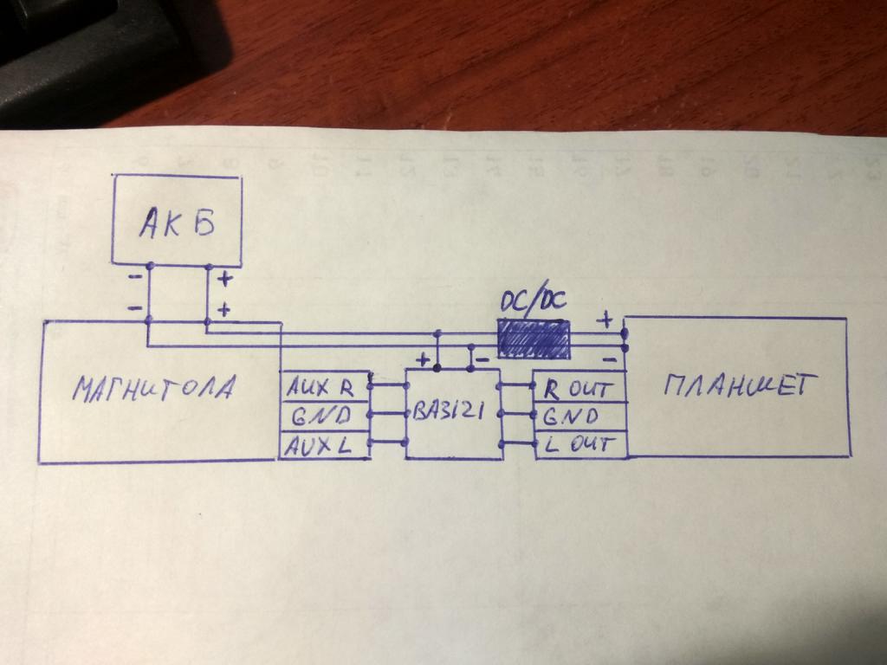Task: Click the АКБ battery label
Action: (176, 223)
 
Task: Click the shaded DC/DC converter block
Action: (533, 339)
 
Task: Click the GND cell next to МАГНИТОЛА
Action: (322, 416)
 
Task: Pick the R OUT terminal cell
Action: (578, 388)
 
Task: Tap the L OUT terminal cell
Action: (579, 445)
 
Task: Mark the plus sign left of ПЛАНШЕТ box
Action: (605, 320)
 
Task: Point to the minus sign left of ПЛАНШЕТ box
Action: (609, 355)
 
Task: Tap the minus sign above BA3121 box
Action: (482, 358)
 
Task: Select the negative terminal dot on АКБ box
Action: (149, 265)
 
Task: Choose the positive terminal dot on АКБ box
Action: (208, 265)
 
